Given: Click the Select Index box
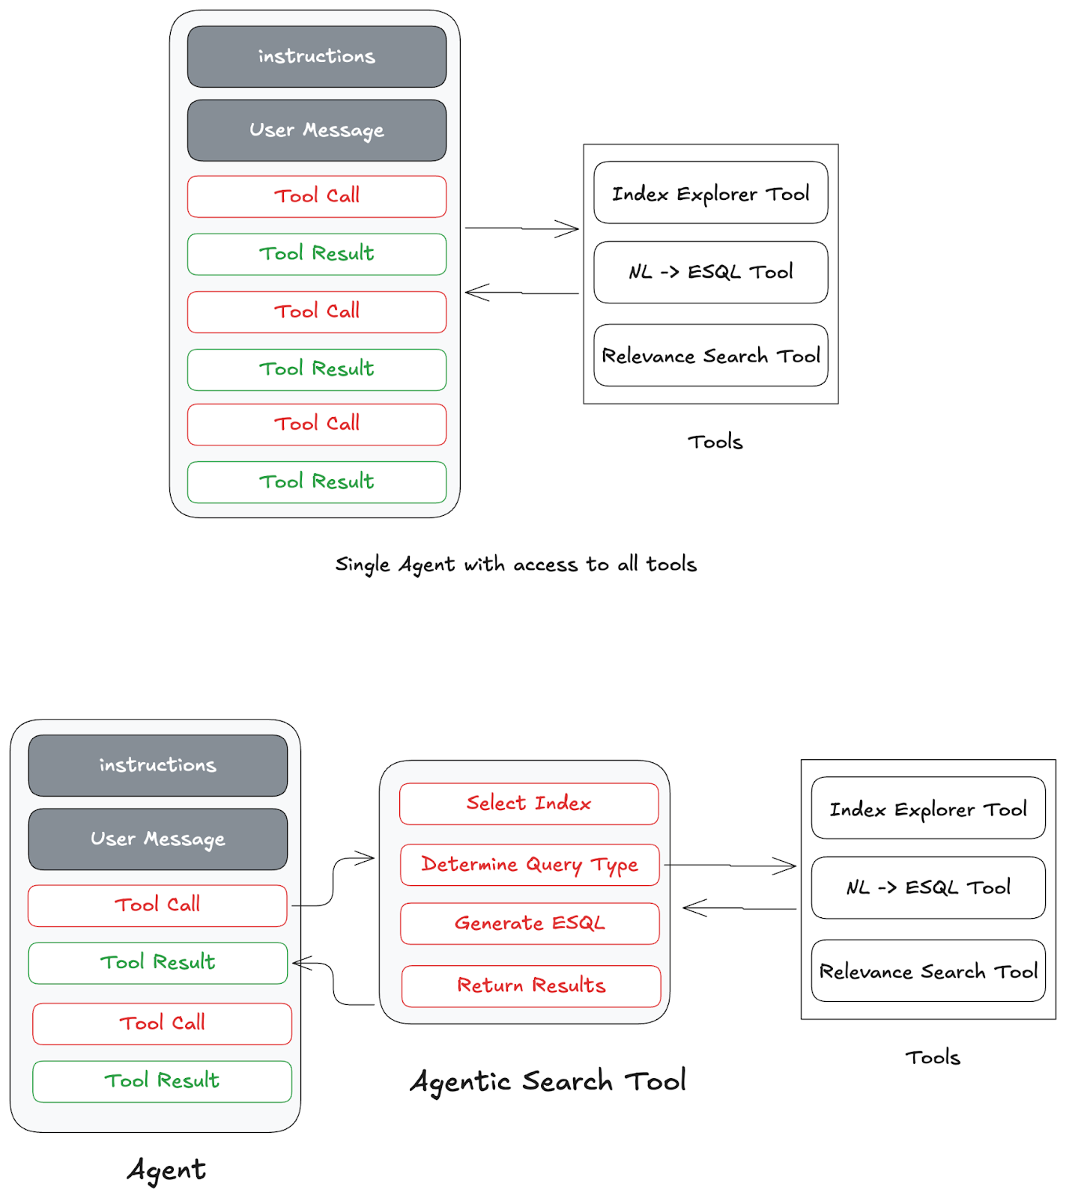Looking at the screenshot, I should (x=529, y=803).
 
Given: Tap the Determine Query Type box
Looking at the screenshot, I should (x=530, y=865).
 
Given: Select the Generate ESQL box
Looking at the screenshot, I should (x=530, y=923).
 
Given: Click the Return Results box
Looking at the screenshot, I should (x=531, y=985).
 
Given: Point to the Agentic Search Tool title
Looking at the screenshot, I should (x=548, y=1081).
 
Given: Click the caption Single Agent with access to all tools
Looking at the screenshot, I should (x=515, y=565).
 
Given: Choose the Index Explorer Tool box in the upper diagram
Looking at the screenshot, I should (x=710, y=193).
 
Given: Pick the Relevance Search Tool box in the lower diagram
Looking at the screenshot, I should (x=927, y=971).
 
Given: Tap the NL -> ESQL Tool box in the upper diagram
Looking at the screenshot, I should (x=710, y=272).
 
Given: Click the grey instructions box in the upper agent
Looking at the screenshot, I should (x=317, y=57).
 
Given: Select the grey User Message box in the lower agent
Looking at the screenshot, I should (x=158, y=839).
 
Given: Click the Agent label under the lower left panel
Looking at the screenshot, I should (x=166, y=1170).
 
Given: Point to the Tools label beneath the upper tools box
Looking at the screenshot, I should (x=715, y=442).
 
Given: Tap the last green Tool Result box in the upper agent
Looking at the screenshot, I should (x=317, y=481).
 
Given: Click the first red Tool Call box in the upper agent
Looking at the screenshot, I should (x=317, y=196).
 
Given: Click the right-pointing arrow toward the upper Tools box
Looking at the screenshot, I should (x=522, y=228).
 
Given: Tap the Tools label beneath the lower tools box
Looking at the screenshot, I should (x=932, y=1057).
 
